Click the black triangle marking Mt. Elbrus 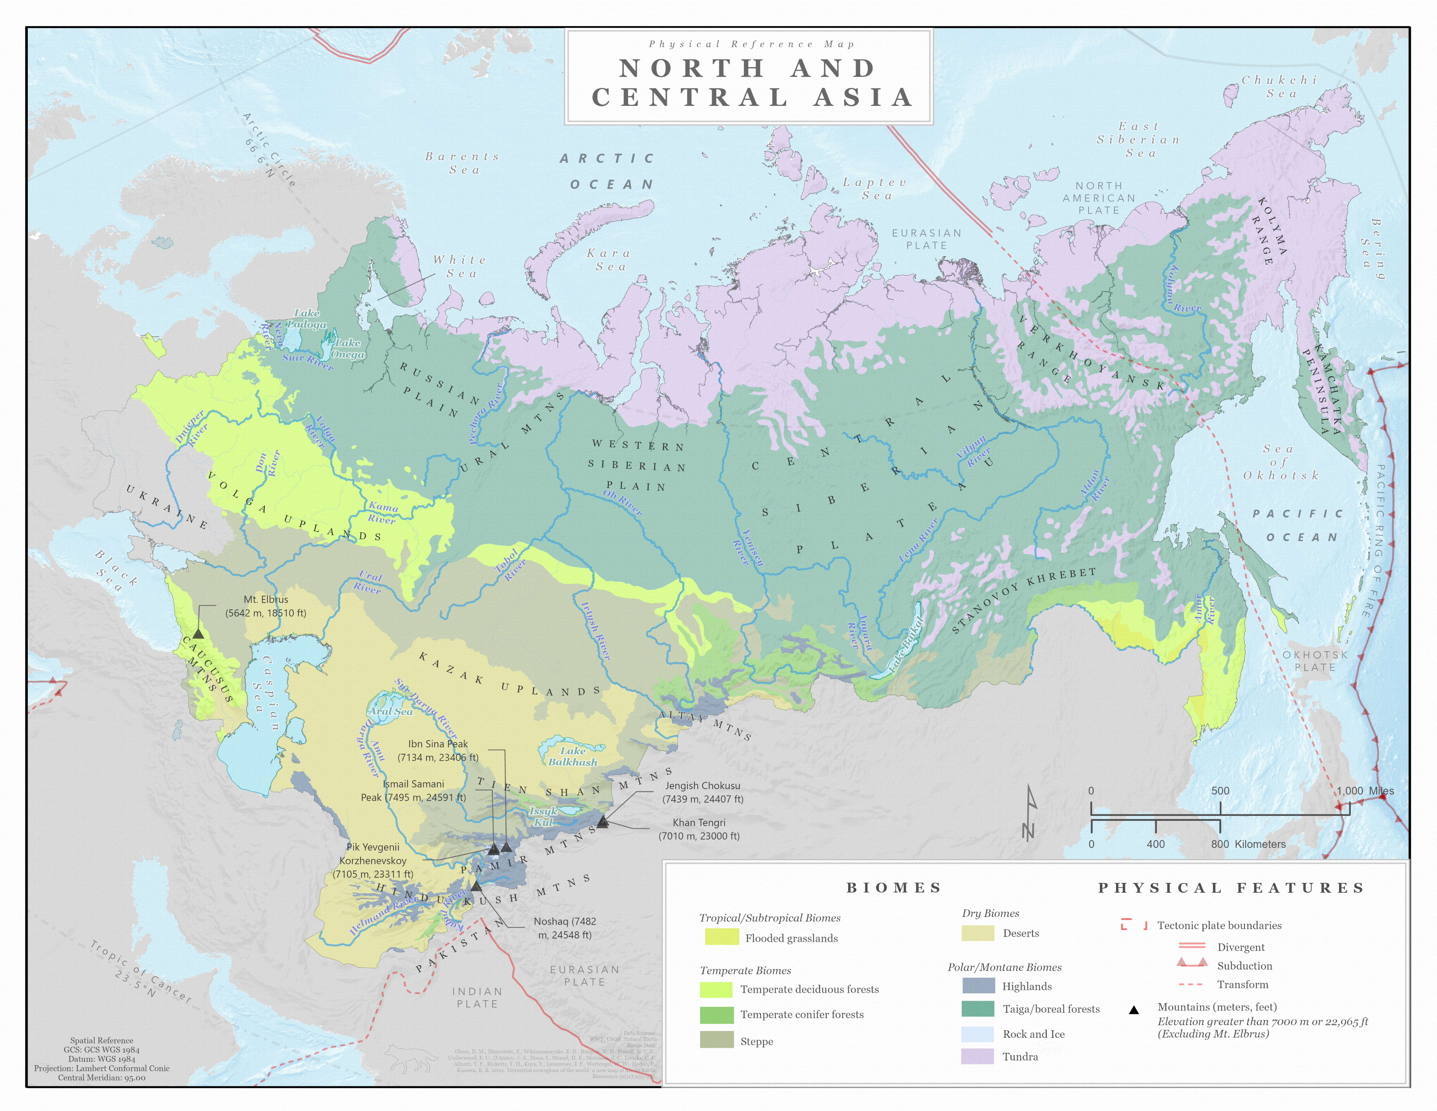point(198,633)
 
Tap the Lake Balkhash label point(572,756)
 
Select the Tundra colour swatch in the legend point(977,1056)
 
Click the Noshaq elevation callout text point(565,928)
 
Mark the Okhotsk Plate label point(1315,661)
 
